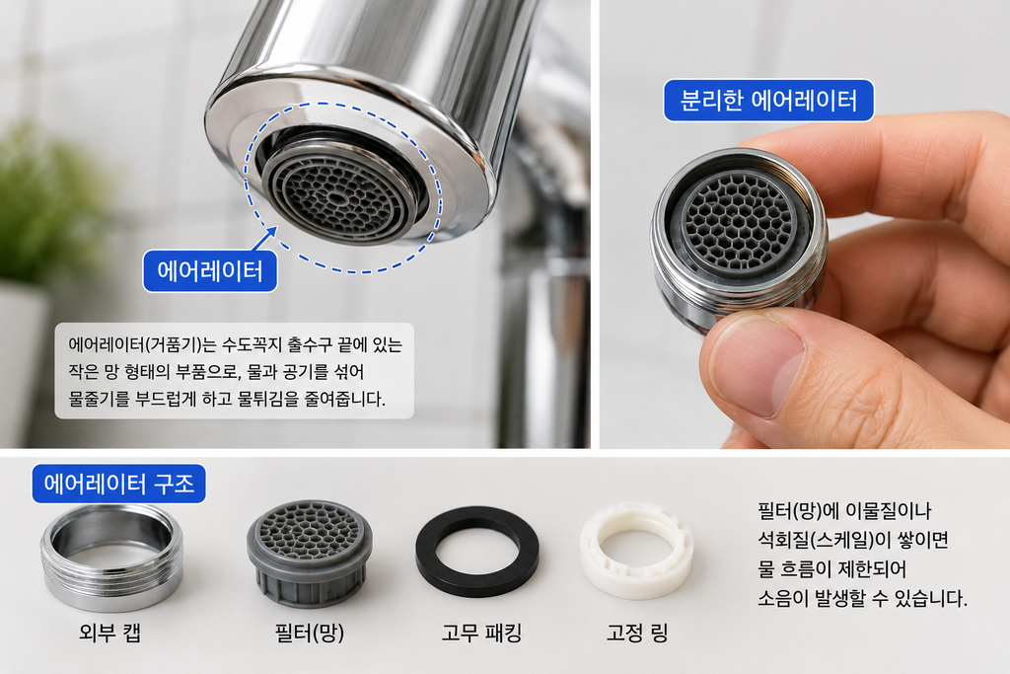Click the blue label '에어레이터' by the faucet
tap(210, 271)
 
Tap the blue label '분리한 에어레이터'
tap(768, 101)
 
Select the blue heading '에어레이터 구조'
tap(119, 484)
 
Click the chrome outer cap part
tap(111, 558)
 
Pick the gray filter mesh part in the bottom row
tap(309, 554)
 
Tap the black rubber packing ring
tap(477, 552)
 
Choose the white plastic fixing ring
tap(636, 551)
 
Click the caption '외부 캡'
tap(109, 633)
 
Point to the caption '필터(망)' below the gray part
tap(309, 633)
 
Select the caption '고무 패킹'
tap(481, 633)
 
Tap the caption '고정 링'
tap(637, 633)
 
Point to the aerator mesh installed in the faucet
tap(337, 192)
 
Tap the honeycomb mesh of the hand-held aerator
tap(739, 222)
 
